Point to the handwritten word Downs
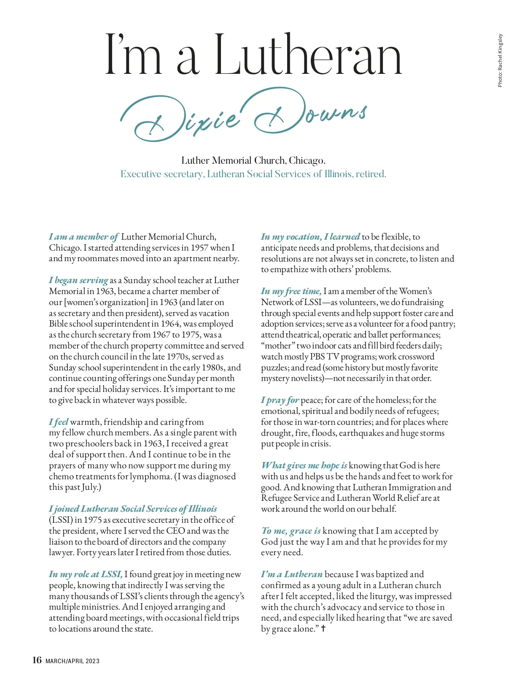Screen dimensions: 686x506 click(310, 112)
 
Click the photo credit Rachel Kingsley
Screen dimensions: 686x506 click(500, 60)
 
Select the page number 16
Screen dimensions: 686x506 click(37, 660)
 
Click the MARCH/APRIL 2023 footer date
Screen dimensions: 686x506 click(73, 661)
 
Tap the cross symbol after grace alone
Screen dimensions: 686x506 click(323, 629)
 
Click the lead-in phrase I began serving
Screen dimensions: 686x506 click(78, 280)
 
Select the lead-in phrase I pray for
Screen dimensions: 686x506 click(280, 400)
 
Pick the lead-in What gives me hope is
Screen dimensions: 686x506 click(304, 465)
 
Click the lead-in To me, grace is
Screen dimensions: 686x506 click(291, 531)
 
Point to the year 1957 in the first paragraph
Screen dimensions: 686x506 click(199, 248)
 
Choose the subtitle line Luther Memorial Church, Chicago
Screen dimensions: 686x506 click(253, 160)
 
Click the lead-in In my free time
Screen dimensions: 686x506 click(291, 291)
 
